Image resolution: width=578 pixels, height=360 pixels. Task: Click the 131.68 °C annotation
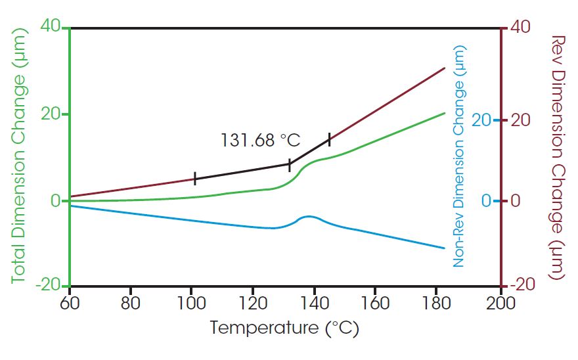tap(260, 140)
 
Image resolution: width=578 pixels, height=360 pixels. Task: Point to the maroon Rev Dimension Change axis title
tap(556, 158)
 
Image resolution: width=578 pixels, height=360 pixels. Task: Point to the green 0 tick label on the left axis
tap(56, 201)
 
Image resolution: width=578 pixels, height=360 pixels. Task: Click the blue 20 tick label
tap(481, 121)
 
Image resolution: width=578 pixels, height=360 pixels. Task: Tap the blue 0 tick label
tap(485, 201)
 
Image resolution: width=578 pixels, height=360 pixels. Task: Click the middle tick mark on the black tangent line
tap(290, 166)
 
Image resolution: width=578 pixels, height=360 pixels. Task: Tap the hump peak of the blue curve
tap(307, 216)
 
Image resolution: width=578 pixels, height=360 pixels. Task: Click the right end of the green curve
tap(445, 113)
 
